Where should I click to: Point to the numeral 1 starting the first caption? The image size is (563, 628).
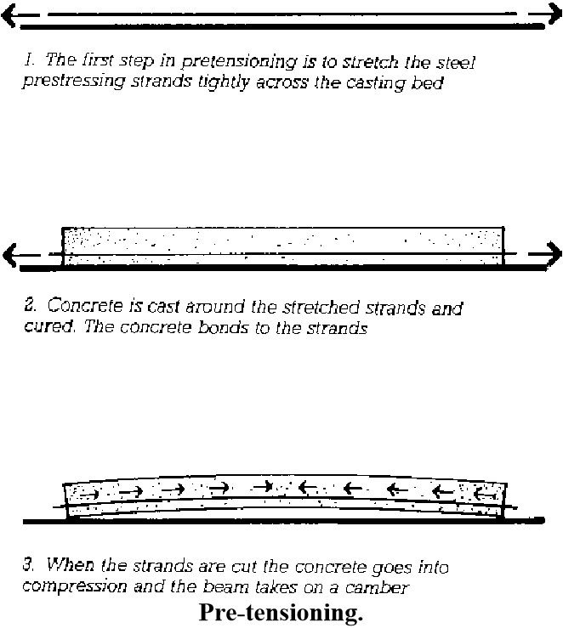[28, 60]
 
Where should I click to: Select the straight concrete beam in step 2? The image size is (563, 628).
[282, 246]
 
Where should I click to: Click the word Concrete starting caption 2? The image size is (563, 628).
[82, 306]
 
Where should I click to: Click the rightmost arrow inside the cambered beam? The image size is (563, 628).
[483, 492]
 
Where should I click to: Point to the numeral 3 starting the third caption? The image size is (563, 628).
[28, 563]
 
